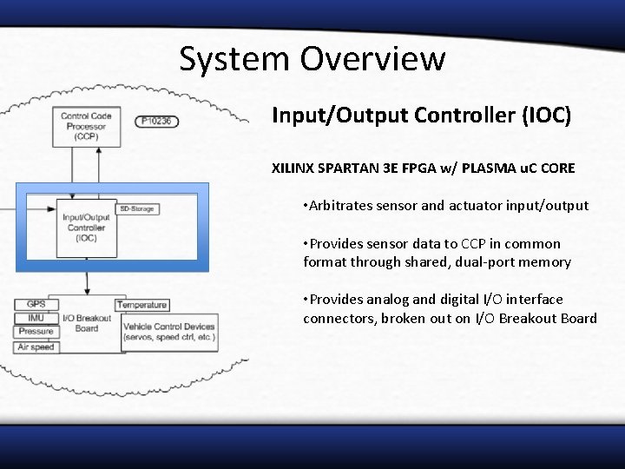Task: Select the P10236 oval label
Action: coord(157,121)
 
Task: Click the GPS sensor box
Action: coord(36,304)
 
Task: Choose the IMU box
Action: coord(36,318)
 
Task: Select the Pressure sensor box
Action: coord(36,332)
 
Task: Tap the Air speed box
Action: coord(36,347)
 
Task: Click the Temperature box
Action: coord(142,305)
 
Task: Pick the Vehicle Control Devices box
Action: coord(168,332)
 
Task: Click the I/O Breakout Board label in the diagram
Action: coord(87,323)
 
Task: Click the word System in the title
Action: coord(234,59)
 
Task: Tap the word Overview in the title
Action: coord(372,59)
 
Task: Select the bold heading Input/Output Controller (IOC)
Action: coord(421,116)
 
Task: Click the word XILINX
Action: coord(295,168)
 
